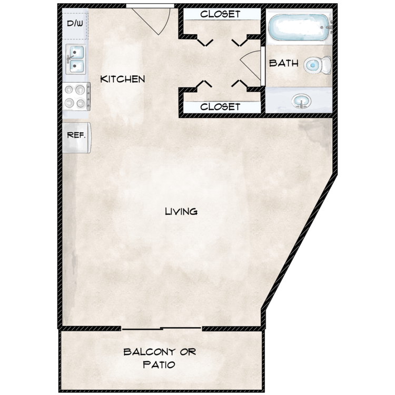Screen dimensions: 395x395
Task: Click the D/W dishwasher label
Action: pyautogui.click(x=74, y=23)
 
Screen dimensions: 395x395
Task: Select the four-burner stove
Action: pyautogui.click(x=76, y=96)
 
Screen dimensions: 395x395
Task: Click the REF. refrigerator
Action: pyautogui.click(x=77, y=135)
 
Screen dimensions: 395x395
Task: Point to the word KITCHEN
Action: pyautogui.click(x=123, y=80)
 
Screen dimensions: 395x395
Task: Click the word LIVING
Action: pyautogui.click(x=181, y=212)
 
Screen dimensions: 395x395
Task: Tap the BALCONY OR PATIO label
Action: pyautogui.click(x=160, y=358)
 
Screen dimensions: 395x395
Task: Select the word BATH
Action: pyautogui.click(x=284, y=64)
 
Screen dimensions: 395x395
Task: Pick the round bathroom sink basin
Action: pyautogui.click(x=301, y=100)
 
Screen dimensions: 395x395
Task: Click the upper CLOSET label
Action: pyautogui.click(x=220, y=14)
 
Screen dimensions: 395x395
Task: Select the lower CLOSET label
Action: pyautogui.click(x=220, y=107)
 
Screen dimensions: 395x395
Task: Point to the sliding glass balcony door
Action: pyautogui.click(x=162, y=329)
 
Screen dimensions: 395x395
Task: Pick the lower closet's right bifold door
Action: pyautogui.click(x=240, y=84)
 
